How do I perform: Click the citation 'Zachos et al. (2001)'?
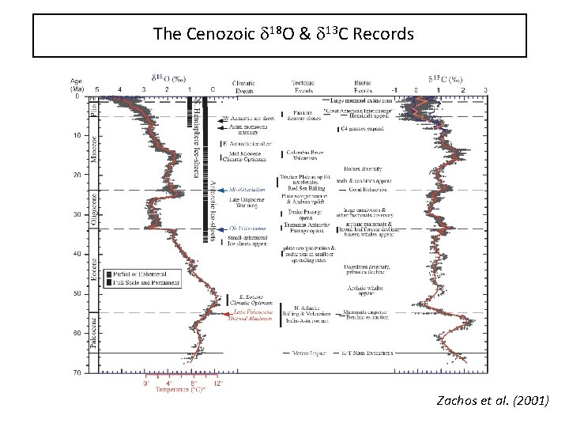(492, 401)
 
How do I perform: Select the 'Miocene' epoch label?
(92, 147)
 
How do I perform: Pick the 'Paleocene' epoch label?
(92, 332)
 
